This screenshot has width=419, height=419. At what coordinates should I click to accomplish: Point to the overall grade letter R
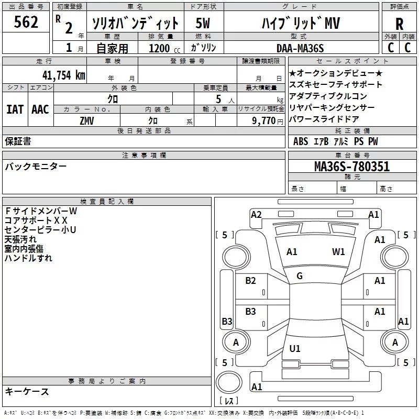point(400,24)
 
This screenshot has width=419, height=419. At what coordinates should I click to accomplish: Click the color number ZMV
point(87,120)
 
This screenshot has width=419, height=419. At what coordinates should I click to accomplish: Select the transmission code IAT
point(15,109)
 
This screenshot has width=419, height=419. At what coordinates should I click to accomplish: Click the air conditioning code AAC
point(40,109)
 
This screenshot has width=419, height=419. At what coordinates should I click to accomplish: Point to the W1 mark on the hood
point(338,252)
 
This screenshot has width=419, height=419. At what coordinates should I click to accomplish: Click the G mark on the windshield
point(300,276)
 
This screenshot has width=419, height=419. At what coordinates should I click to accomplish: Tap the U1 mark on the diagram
point(295,349)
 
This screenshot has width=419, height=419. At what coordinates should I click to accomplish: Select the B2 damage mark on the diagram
point(251,281)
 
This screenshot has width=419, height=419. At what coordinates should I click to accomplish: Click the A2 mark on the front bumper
point(256,214)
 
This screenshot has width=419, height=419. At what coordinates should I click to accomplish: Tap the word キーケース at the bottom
point(27,391)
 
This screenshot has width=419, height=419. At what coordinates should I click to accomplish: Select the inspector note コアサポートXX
point(36,220)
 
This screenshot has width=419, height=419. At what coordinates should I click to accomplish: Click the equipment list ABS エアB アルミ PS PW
point(335,141)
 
